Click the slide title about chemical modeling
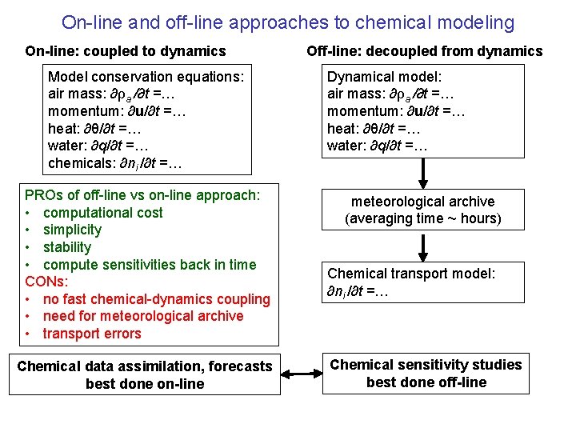(287, 22)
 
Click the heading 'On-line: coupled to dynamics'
(126, 51)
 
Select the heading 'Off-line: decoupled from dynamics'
(424, 51)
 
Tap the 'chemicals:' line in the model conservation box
(115, 164)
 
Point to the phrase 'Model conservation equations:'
(146, 77)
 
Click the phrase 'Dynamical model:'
(384, 77)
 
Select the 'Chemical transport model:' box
(424, 282)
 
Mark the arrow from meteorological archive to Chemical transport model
(423, 247)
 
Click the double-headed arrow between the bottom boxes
(301, 374)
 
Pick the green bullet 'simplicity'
(72, 230)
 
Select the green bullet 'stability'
(67, 247)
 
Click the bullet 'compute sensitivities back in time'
(150, 265)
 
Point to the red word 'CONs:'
(46, 282)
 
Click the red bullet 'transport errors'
(91, 334)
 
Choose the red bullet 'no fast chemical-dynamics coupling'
(156, 299)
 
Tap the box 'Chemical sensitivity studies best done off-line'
(426, 374)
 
